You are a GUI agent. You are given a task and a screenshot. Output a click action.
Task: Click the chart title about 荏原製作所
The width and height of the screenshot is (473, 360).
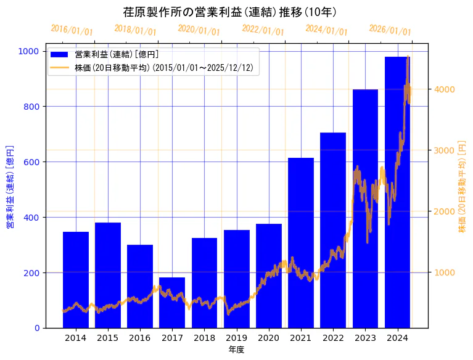click(x=229, y=12)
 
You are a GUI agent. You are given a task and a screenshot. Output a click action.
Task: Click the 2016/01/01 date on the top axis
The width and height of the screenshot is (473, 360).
click(x=72, y=30)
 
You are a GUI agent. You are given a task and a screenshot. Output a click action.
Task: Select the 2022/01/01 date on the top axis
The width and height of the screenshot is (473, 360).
click(x=263, y=30)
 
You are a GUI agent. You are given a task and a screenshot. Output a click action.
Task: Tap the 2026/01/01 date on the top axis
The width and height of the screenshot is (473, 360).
click(x=390, y=30)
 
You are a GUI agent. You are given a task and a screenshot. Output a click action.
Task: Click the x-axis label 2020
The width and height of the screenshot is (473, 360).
click(x=269, y=338)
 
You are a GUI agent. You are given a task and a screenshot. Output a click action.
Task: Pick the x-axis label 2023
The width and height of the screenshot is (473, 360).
click(x=366, y=338)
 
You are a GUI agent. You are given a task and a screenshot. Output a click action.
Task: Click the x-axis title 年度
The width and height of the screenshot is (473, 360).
click(x=236, y=350)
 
